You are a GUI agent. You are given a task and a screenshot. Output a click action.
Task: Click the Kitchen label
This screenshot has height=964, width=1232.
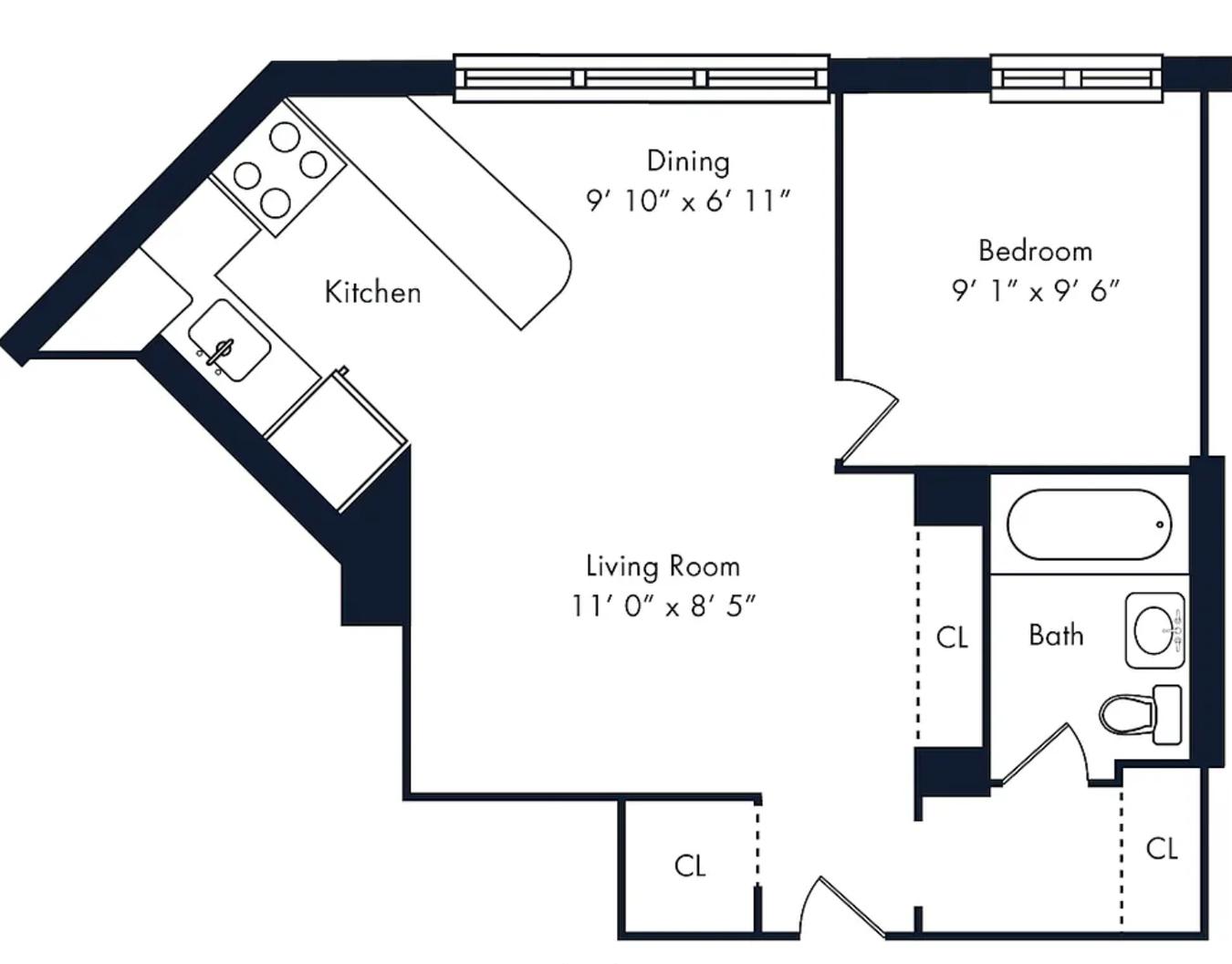(372, 292)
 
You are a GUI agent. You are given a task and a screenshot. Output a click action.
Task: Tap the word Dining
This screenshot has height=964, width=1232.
(688, 161)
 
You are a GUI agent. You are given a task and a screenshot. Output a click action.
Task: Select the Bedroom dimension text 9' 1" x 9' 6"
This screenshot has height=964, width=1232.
(1035, 292)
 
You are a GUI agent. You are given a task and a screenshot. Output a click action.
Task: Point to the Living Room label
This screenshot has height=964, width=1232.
(663, 566)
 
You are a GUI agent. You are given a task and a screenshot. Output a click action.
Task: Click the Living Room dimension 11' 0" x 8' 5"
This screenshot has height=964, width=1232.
(663, 606)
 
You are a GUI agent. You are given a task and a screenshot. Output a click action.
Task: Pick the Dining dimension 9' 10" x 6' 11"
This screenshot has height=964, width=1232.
(688, 201)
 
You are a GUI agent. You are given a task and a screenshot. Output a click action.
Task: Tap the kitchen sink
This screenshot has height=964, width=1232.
(229, 340)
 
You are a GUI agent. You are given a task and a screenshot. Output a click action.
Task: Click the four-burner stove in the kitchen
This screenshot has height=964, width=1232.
(277, 168)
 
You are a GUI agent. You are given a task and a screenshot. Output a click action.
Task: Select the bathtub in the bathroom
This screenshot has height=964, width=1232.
(1089, 524)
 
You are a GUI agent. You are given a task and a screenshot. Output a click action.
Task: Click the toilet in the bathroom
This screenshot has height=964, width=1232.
(1141, 715)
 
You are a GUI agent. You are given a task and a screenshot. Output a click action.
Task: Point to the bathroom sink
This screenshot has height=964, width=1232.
(1155, 630)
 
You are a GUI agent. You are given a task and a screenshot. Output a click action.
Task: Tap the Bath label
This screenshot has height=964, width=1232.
(1056, 636)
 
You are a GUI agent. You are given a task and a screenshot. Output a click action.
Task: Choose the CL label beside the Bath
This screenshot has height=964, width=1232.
(952, 637)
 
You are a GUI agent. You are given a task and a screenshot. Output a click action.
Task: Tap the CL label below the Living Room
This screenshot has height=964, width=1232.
(690, 866)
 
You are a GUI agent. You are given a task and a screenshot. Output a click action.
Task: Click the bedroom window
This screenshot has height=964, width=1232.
(1077, 78)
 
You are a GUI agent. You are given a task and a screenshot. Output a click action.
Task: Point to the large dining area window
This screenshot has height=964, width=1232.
(642, 78)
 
